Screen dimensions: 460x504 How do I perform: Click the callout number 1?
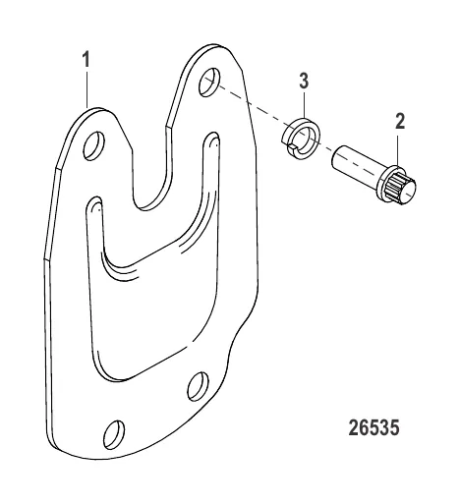86,60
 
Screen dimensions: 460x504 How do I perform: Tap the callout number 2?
400,121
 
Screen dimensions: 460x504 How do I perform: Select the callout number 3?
304,81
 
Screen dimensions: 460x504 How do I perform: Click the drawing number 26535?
374,427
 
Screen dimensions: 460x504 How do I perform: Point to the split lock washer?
302,139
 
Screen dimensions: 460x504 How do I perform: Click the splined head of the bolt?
397,187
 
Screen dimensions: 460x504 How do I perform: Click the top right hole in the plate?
209,83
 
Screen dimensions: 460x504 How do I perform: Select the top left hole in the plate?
94,145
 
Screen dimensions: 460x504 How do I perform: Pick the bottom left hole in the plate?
114,435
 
